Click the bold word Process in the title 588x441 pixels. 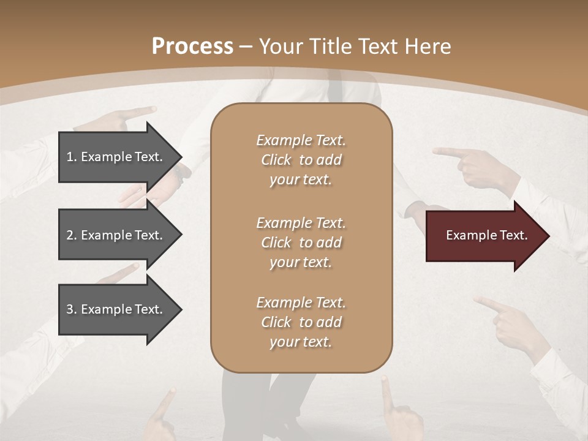click(x=192, y=47)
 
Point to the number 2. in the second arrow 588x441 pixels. click(x=72, y=235)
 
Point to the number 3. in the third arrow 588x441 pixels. click(x=72, y=309)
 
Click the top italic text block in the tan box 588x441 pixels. click(x=301, y=160)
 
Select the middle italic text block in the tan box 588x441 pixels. click(x=301, y=243)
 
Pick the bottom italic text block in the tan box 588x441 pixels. click(x=301, y=322)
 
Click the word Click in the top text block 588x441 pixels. click(x=276, y=160)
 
